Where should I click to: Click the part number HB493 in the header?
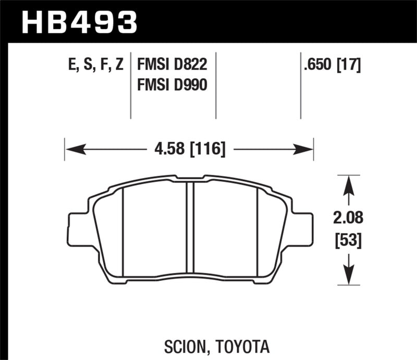click(x=78, y=22)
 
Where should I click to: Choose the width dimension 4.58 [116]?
click(x=189, y=150)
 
